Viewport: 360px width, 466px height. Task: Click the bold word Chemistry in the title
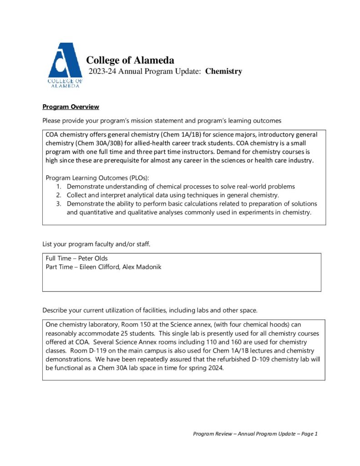223,71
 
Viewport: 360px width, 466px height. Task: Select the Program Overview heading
71,107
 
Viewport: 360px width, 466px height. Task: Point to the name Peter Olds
93,258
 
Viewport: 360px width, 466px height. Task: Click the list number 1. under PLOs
59,187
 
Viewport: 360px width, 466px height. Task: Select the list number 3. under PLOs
59,204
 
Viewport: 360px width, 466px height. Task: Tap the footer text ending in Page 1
255,434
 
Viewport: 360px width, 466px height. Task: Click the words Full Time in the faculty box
59,258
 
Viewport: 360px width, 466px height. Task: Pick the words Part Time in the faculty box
59,267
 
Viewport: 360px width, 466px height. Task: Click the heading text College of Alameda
130,60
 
